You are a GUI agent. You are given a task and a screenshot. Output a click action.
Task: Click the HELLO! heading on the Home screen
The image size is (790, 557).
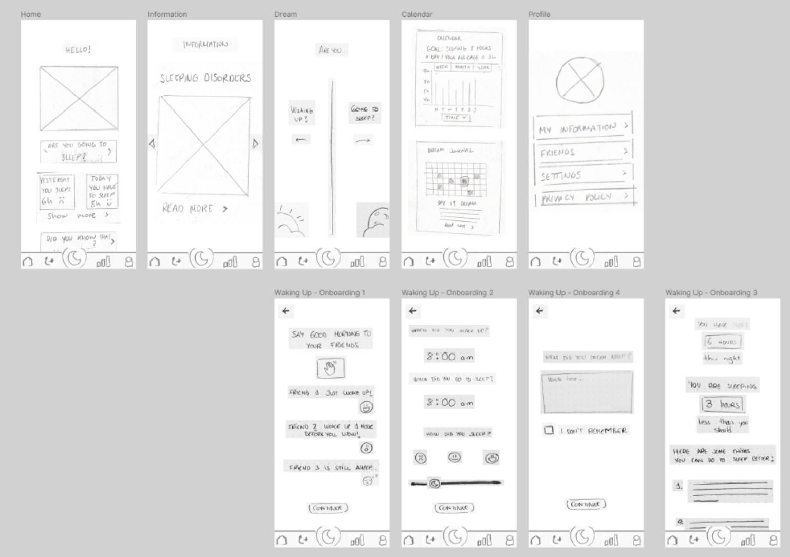[x=78, y=50]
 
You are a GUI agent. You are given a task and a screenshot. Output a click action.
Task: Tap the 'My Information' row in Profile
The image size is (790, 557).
[x=583, y=127]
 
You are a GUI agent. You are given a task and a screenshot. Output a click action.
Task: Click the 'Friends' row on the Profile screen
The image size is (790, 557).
[x=583, y=152]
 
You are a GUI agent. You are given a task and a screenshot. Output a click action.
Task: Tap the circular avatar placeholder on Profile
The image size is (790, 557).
[x=579, y=80]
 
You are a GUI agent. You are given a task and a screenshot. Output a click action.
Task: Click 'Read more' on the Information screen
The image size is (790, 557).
[x=194, y=208]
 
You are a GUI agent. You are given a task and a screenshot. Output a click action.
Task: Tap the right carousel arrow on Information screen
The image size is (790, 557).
[x=255, y=144]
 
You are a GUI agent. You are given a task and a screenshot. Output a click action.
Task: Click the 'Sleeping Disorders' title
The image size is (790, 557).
[x=205, y=78]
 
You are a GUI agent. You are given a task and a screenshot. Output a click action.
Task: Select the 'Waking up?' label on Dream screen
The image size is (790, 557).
[x=302, y=114]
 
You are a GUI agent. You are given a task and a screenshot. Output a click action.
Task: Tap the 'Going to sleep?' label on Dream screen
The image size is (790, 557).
[x=364, y=113]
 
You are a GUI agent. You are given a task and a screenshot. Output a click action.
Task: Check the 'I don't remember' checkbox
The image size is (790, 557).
[x=549, y=430]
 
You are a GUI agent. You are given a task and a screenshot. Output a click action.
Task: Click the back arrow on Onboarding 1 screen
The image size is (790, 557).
[x=286, y=311]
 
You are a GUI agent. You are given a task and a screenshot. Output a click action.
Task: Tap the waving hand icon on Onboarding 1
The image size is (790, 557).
[x=330, y=368]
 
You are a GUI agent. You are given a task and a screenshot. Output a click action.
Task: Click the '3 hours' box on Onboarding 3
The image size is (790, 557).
[x=722, y=404]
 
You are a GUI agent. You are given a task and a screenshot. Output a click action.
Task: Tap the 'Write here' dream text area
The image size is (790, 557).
[x=587, y=393]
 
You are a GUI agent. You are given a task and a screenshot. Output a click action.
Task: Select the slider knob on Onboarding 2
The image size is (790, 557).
[x=435, y=483]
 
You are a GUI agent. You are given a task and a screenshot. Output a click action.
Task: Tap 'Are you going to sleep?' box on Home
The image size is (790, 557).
[x=78, y=152]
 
